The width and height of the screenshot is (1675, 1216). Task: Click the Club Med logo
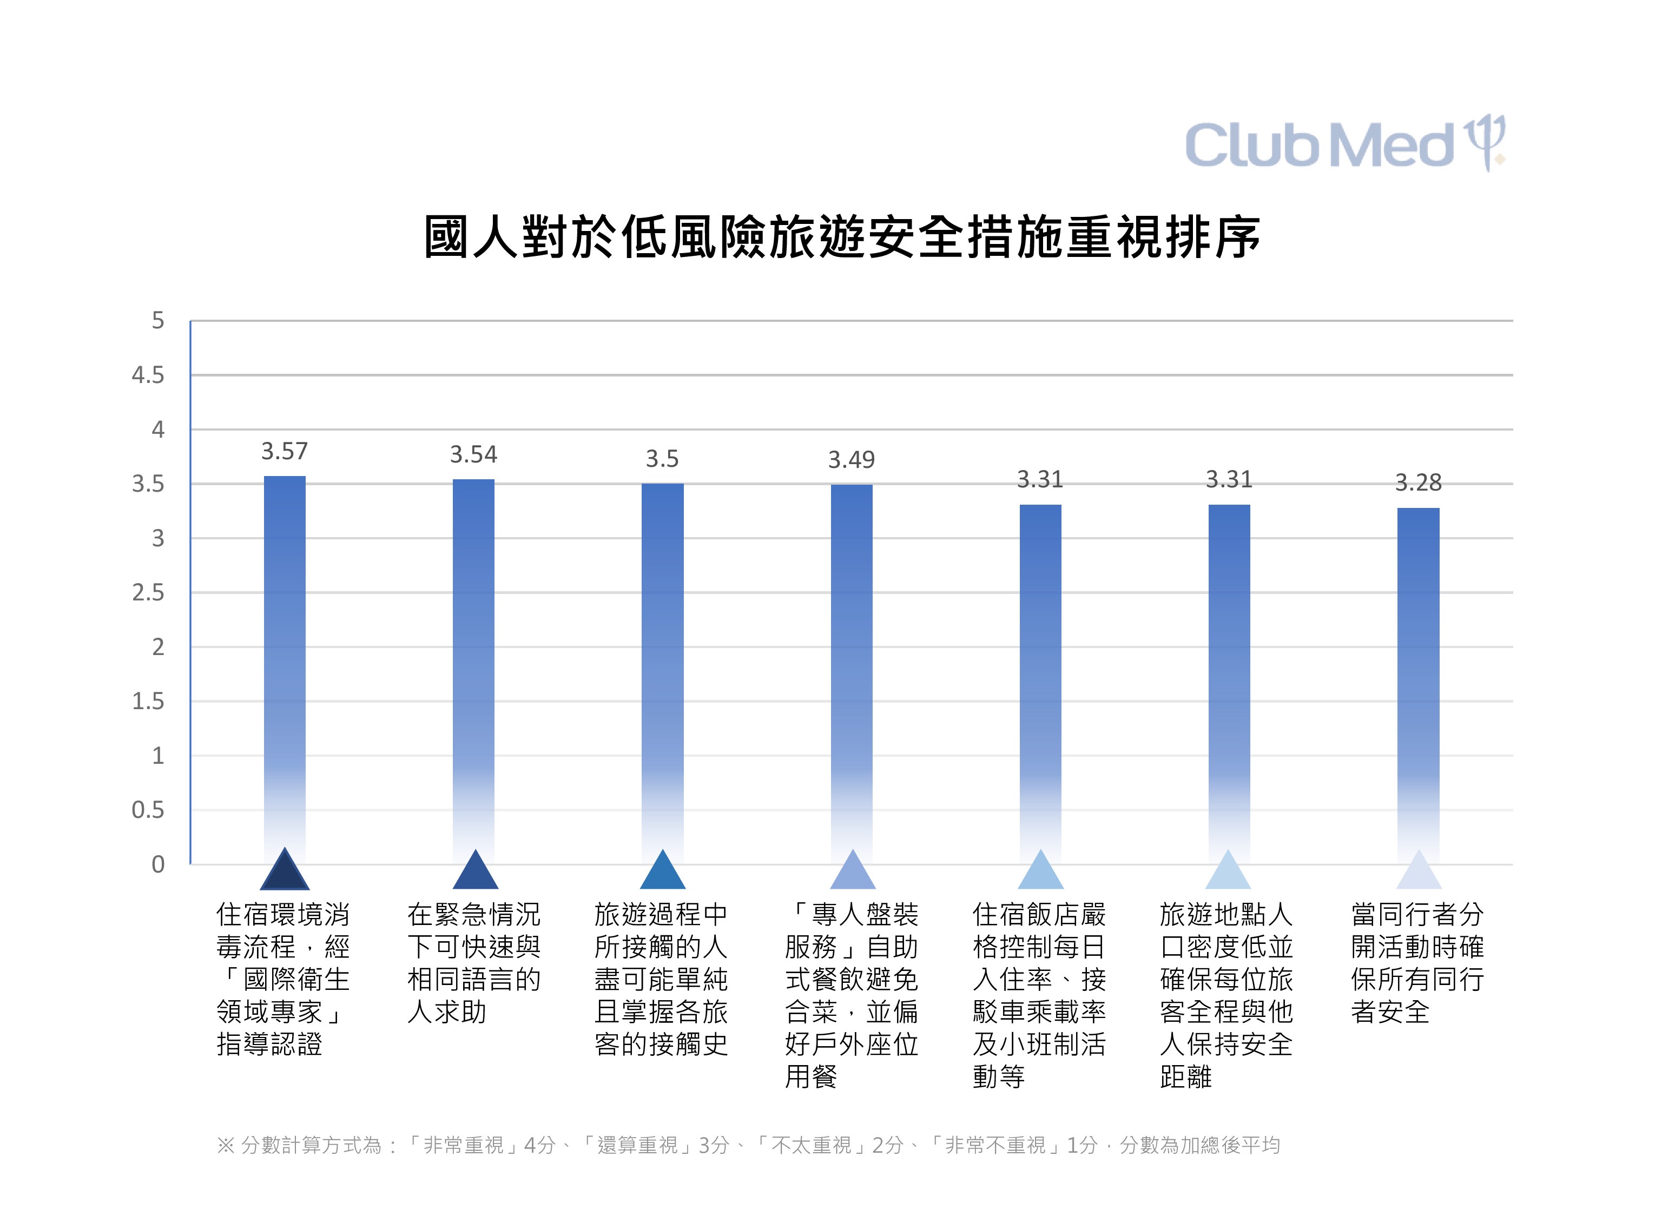pyautogui.click(x=1344, y=144)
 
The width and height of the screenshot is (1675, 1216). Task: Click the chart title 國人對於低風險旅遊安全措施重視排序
pyautogui.click(x=842, y=237)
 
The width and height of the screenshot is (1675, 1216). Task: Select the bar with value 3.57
pyautogui.click(x=285, y=664)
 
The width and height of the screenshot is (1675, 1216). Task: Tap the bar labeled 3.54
pyautogui.click(x=473, y=664)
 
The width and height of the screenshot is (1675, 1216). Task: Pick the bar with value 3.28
pyautogui.click(x=1418, y=679)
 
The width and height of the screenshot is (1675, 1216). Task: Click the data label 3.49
pyautogui.click(x=851, y=460)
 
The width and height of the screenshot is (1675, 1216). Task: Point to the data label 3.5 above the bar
pyautogui.click(x=662, y=459)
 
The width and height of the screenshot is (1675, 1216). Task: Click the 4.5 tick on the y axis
pyautogui.click(x=148, y=375)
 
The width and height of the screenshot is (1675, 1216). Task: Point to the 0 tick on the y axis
pyautogui.click(x=157, y=864)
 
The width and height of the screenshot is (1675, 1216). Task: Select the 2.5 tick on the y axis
pyautogui.click(x=148, y=593)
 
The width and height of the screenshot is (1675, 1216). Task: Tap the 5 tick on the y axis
pyautogui.click(x=157, y=320)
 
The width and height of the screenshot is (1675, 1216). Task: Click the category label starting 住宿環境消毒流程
pyautogui.click(x=283, y=979)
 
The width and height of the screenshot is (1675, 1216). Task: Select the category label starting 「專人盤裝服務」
pyautogui.click(x=851, y=995)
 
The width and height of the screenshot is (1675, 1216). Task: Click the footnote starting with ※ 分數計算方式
pyautogui.click(x=747, y=1145)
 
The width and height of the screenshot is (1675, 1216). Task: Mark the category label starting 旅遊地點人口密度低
pyautogui.click(x=1226, y=995)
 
